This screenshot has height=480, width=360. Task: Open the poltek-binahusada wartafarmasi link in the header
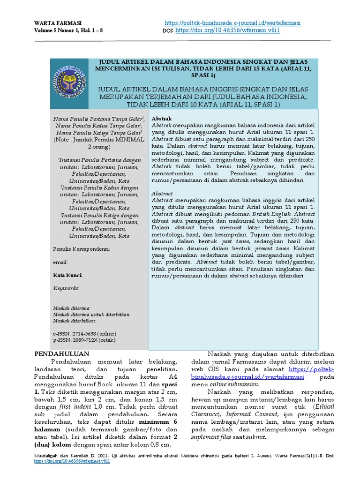(x=233, y=23)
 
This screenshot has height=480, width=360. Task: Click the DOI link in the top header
(x=227, y=30)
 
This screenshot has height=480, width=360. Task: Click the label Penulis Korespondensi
(x=81, y=249)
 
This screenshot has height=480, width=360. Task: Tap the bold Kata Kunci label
(x=67, y=276)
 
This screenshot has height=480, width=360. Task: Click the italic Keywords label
(x=66, y=288)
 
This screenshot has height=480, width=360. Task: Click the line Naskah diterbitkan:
(x=75, y=321)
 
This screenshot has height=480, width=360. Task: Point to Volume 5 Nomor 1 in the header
(x=55, y=30)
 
